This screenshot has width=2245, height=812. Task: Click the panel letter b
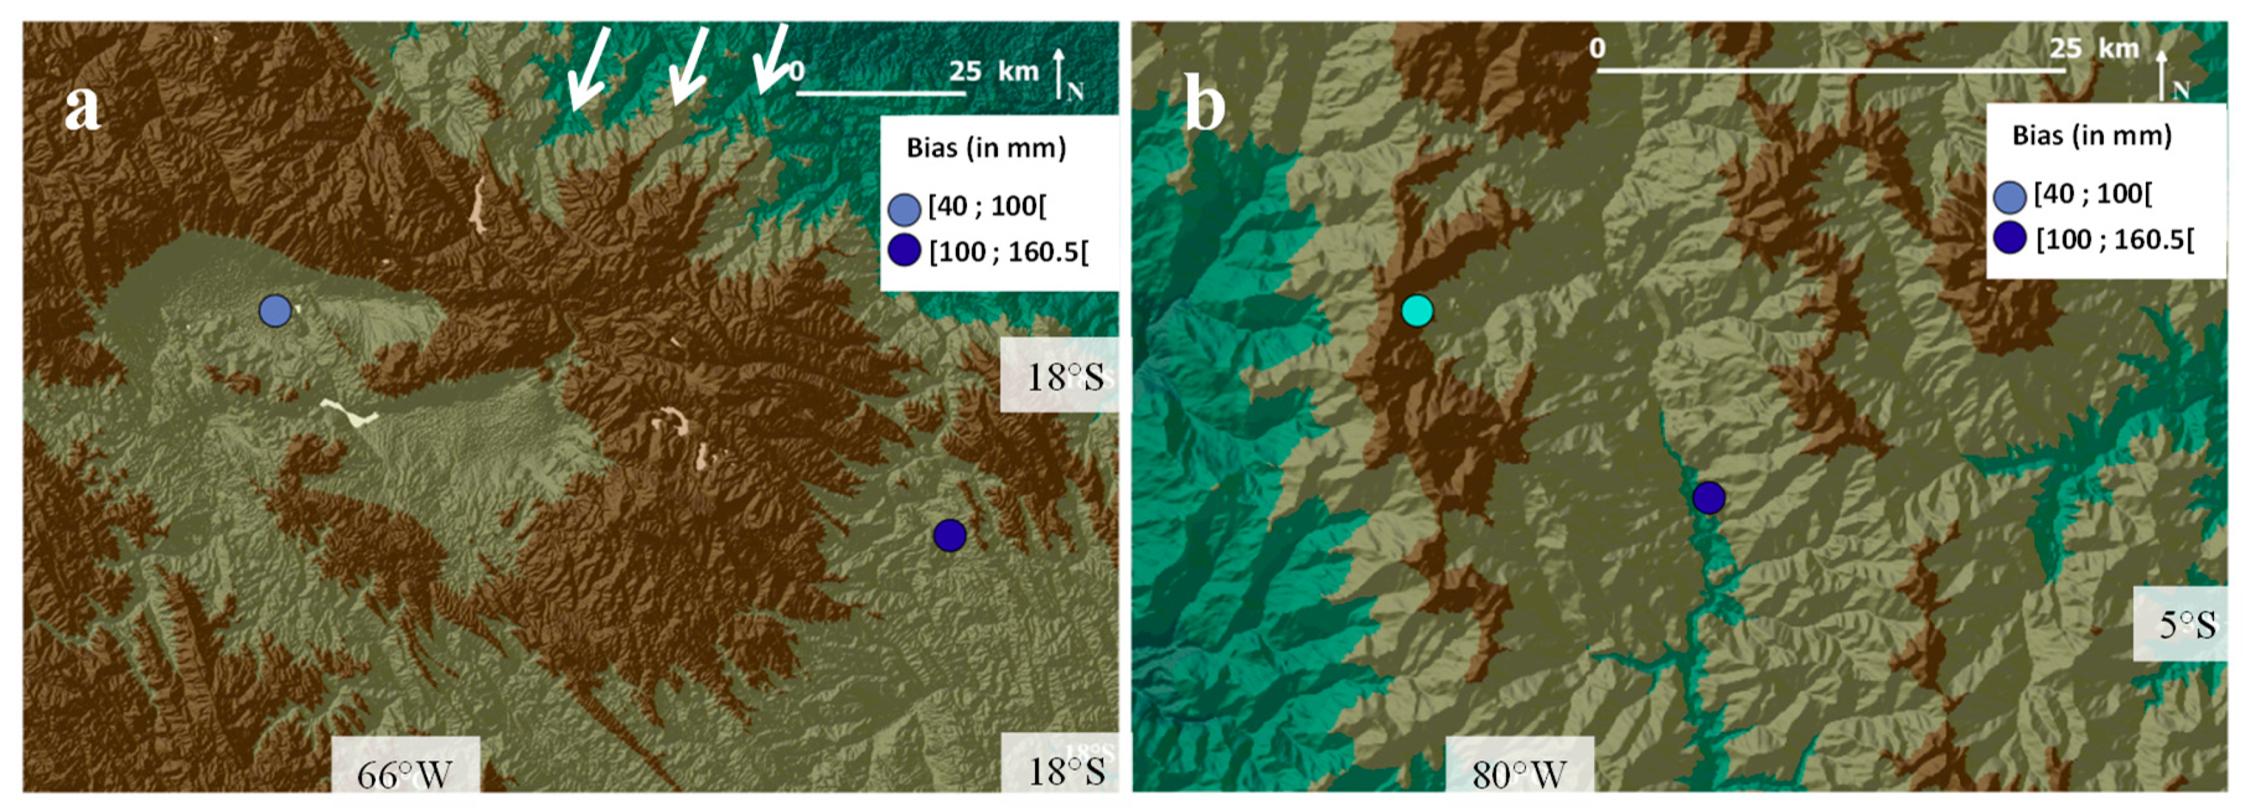pos(1205,105)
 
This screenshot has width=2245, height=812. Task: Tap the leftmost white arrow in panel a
pos(588,68)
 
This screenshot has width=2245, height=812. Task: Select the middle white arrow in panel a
pos(689,65)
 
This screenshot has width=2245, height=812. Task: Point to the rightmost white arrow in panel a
pos(771,59)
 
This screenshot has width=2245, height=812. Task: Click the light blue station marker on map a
pos(275,310)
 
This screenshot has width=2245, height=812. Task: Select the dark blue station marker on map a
pos(949,535)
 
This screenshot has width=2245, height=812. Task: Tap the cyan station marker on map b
pos(1417,310)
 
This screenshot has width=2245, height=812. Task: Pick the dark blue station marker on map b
pos(1708,497)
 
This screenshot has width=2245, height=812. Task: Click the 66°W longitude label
pos(404,773)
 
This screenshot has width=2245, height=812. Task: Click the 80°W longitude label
pos(1519,773)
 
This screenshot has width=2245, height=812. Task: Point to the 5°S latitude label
pos(2187,624)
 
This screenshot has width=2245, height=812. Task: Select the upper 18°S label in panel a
pos(1065,376)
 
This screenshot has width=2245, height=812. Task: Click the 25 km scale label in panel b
pos(2093,48)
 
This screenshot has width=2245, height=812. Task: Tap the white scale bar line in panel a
pos(880,92)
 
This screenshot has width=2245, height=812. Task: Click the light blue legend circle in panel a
pos(904,210)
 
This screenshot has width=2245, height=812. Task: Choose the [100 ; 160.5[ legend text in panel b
pos(2114,239)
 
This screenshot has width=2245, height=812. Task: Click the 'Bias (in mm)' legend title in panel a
pos(985,148)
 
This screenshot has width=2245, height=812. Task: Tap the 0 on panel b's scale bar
pos(1596,48)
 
